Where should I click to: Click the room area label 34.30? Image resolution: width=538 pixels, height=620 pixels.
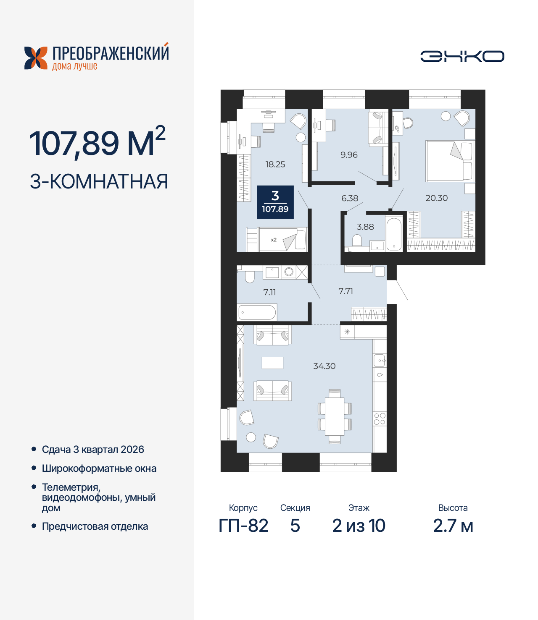pyautogui.click(x=324, y=366)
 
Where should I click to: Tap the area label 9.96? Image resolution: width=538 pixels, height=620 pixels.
pyautogui.click(x=349, y=155)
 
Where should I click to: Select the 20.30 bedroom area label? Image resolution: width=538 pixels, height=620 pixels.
pyautogui.click(x=436, y=198)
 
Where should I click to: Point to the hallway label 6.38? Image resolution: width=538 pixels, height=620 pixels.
pyautogui.click(x=350, y=198)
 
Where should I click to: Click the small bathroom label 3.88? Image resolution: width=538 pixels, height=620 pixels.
pyautogui.click(x=365, y=227)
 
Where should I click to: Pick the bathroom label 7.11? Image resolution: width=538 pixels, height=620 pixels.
pyautogui.click(x=269, y=292)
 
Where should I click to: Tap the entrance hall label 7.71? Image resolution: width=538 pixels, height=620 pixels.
pyautogui.click(x=345, y=291)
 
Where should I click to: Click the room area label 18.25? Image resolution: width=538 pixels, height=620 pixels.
pyautogui.click(x=275, y=165)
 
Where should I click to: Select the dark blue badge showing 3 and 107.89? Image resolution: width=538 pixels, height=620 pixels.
pyautogui.click(x=275, y=202)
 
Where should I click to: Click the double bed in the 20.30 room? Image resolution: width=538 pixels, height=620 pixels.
pyautogui.click(x=449, y=161)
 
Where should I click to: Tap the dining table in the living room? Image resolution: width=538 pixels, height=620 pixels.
pyautogui.click(x=335, y=416)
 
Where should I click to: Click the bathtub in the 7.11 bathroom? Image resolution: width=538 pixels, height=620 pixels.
pyautogui.click(x=257, y=312)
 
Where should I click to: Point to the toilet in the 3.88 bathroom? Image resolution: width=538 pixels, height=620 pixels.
pyautogui.click(x=357, y=241)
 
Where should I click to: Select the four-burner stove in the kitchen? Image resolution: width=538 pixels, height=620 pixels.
pyautogui.click(x=380, y=419)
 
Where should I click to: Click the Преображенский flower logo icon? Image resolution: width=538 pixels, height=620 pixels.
pyautogui.click(x=36, y=58)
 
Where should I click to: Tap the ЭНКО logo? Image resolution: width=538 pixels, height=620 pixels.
pyautogui.click(x=462, y=56)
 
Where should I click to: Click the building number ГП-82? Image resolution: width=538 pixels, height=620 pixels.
pyautogui.click(x=243, y=526)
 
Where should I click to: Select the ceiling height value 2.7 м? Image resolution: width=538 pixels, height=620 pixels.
pyautogui.click(x=453, y=526)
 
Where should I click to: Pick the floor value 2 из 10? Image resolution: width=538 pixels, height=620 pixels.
pyautogui.click(x=359, y=526)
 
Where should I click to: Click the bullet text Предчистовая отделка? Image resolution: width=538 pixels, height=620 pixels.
pyautogui.click(x=95, y=526)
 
